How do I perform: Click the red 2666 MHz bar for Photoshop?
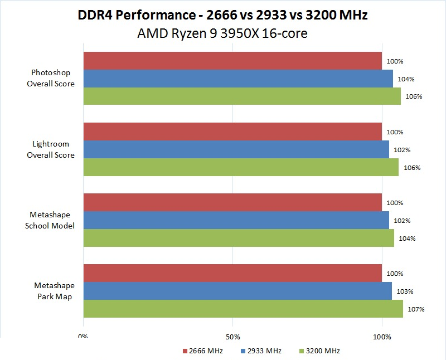point(232,61)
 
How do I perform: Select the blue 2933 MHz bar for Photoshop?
point(238,79)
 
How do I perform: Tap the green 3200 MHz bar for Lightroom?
point(241,167)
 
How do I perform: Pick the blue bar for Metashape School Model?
point(236,220)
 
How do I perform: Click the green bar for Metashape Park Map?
point(243,309)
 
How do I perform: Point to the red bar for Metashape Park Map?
point(232,273)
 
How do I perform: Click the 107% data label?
point(418,309)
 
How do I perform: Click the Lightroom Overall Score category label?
point(51,149)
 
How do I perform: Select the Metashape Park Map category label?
point(53,291)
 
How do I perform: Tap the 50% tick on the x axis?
point(233,337)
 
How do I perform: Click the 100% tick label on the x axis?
point(382,337)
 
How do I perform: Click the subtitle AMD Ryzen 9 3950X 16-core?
point(222,33)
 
